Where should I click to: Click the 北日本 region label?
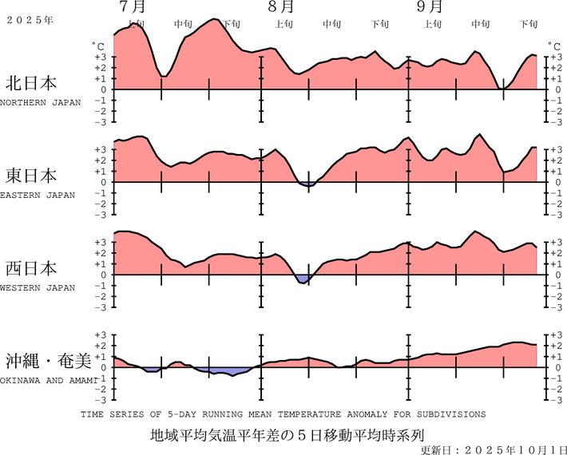31,83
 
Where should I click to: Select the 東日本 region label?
31,175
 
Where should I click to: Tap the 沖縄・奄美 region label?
47,360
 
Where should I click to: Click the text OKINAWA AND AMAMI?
48,380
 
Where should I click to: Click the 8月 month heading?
280,7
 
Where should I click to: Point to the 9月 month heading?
430,7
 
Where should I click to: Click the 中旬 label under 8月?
331,24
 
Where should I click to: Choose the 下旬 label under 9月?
529,24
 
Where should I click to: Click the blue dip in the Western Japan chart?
303,279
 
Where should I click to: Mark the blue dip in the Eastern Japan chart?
307,185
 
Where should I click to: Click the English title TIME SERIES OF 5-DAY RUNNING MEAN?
283,415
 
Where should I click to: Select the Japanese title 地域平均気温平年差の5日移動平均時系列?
283,436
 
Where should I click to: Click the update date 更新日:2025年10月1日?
493,449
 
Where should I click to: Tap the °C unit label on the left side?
98,46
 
